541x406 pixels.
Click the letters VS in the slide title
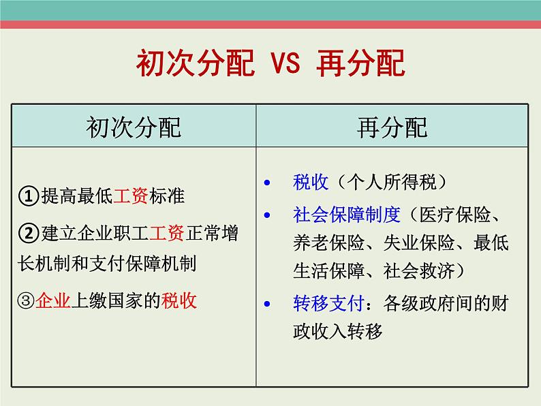285,63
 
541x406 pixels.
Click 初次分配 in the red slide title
196,63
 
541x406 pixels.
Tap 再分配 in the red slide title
360,63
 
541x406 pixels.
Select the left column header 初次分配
134,127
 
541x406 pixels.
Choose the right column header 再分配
392,127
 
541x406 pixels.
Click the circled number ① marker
29,196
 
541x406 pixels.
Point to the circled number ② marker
29,233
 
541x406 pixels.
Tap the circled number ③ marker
26,301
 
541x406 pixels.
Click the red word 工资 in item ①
131,196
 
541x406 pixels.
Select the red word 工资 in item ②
167,233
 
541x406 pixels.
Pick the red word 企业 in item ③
53,301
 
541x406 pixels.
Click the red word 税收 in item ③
179,301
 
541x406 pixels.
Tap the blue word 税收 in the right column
311,182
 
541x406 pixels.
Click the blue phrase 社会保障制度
347,215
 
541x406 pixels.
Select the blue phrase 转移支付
328,304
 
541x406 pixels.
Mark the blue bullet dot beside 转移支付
266,304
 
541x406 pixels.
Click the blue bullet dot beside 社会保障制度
266,215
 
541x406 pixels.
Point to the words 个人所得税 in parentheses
392,182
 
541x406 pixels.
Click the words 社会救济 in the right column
419,270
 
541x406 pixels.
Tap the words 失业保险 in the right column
419,243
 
